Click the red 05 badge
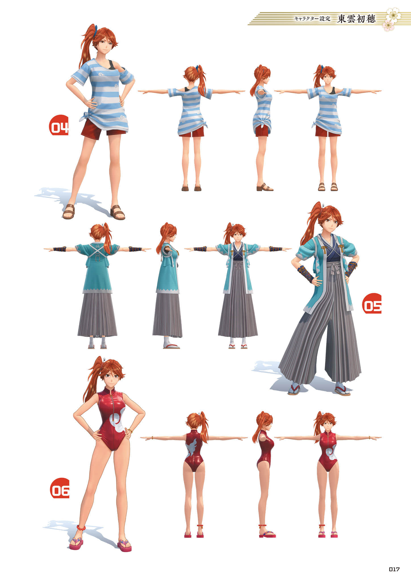372,303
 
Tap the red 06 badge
60,488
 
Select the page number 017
394,569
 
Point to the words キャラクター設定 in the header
312,19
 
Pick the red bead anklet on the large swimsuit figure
81,527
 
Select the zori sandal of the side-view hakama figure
171,346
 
